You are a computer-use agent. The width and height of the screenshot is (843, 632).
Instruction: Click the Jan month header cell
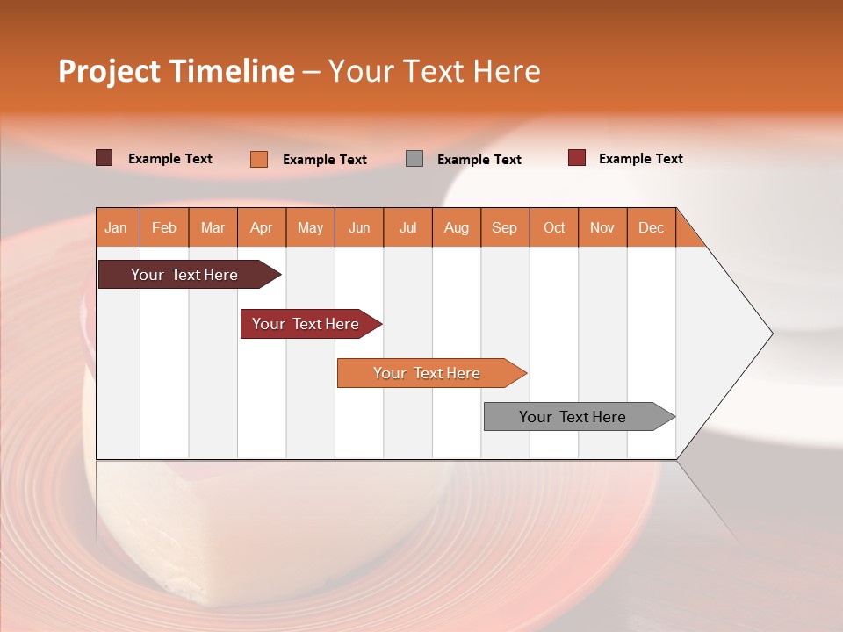pyautogui.click(x=117, y=227)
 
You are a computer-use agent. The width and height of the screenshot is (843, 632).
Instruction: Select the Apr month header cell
pyautogui.click(x=262, y=227)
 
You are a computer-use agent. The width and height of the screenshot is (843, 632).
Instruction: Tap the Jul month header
pyautogui.click(x=407, y=227)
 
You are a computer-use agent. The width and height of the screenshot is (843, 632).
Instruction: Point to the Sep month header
pyautogui.click(x=505, y=227)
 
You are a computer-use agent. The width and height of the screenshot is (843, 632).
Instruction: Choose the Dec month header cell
pyautogui.click(x=651, y=227)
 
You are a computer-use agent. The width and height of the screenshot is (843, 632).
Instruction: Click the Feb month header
pyautogui.click(x=164, y=227)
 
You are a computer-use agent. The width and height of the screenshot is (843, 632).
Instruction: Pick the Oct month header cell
pyautogui.click(x=554, y=227)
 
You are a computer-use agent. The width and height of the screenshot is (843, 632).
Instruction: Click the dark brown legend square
pyautogui.click(x=104, y=158)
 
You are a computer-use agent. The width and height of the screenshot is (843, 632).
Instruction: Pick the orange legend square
pyautogui.click(x=258, y=159)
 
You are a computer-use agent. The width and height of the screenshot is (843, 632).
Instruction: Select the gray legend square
pyautogui.click(x=414, y=158)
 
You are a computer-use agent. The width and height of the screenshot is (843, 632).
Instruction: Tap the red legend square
pyautogui.click(x=576, y=158)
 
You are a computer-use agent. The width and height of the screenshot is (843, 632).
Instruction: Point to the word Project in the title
pyautogui.click(x=108, y=71)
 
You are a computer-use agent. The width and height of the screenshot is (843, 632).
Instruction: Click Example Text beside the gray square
pyautogui.click(x=479, y=160)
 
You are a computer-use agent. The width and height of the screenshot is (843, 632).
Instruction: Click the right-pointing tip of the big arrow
pyautogui.click(x=768, y=333)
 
